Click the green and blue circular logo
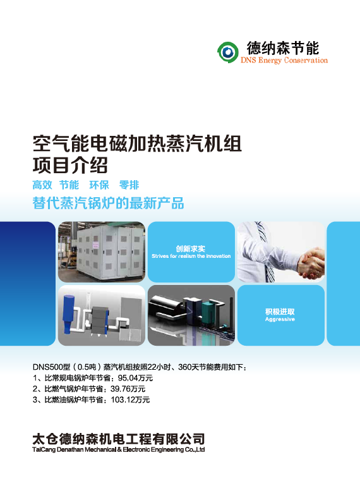tap(227, 52)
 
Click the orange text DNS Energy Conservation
tap(284, 60)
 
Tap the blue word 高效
tap(42, 185)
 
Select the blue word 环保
tap(99, 185)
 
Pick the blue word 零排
tap(129, 185)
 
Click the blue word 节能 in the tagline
tap(69, 185)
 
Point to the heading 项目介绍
tap(70, 165)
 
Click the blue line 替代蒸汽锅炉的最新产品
tap(108, 203)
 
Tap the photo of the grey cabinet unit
tap(102, 252)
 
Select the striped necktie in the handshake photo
tap(266, 252)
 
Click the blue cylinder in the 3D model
tap(68, 313)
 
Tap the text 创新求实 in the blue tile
tap(191, 248)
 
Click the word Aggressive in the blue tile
tap(280, 319)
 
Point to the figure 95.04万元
tap(135, 378)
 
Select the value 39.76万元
tap(128, 389)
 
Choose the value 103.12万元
tap(130, 400)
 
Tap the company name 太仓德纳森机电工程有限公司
tap(119, 439)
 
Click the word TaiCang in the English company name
tap(44, 449)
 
